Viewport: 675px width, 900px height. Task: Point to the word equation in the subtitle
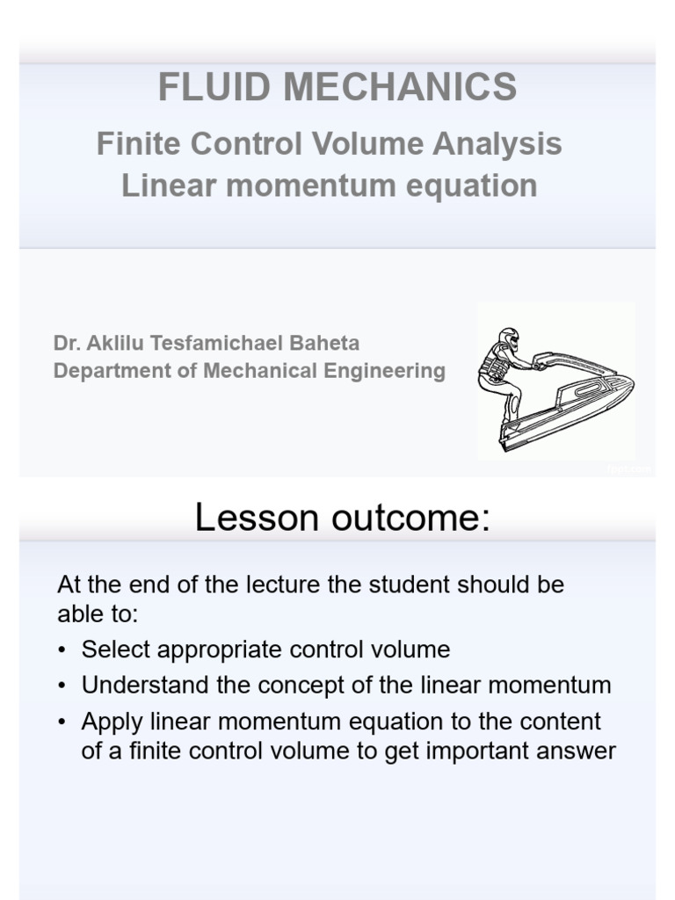click(477, 185)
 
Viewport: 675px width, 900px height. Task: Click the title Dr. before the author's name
click(66, 343)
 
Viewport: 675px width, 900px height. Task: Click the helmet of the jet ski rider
click(509, 338)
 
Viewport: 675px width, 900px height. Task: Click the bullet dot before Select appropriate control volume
click(62, 650)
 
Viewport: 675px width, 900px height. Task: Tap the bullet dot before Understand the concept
click(62, 686)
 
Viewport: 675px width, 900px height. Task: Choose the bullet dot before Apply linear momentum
click(62, 722)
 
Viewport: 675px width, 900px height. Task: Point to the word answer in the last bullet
click(574, 751)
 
